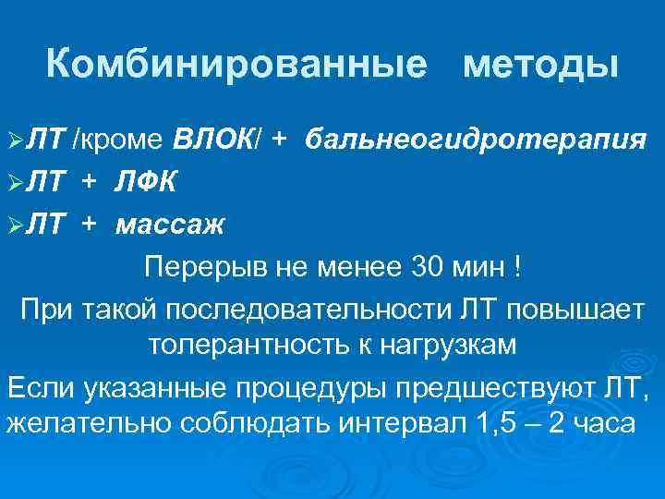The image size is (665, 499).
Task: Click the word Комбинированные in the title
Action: pyautogui.click(x=237, y=65)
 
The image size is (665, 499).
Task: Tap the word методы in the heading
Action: pyautogui.click(x=540, y=65)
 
